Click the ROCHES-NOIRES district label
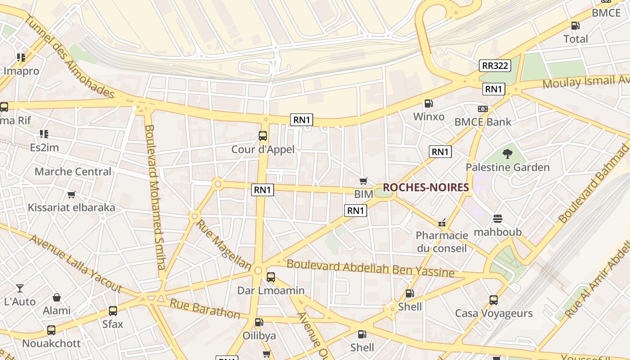(x=426, y=187)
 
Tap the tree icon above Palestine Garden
(x=508, y=154)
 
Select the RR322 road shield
(x=495, y=66)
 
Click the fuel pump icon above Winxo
(x=429, y=103)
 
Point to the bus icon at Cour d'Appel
(x=263, y=135)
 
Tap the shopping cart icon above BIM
(x=364, y=181)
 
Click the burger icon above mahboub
(x=497, y=219)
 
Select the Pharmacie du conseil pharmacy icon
(x=442, y=222)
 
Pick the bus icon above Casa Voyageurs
(x=494, y=300)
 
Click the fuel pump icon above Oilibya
(x=259, y=322)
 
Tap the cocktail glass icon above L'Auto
(x=20, y=288)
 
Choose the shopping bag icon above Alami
(x=57, y=297)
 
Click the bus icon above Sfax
(x=112, y=311)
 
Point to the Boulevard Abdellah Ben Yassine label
(x=370, y=268)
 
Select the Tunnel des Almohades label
(x=70, y=56)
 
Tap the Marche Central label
(x=73, y=171)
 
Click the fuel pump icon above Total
(x=575, y=26)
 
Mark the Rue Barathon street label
(x=205, y=308)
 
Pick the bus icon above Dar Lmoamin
(x=270, y=277)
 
